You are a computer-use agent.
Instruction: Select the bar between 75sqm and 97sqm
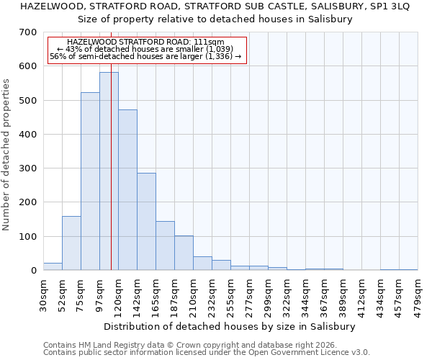[x=90, y=181]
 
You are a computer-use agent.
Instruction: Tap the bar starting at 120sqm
[x=127, y=190]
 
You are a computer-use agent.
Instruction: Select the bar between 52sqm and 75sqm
[x=71, y=243]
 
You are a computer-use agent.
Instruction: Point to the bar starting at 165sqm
[x=165, y=246]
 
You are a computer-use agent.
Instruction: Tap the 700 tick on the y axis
[x=28, y=32]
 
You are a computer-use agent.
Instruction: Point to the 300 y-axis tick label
[x=28, y=168]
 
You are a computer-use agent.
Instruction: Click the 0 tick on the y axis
[x=33, y=271]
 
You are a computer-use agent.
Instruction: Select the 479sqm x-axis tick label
[x=418, y=294]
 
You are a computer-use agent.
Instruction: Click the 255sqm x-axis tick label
[x=231, y=294]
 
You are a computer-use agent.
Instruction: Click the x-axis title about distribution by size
[x=230, y=326]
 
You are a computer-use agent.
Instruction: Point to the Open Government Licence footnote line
[x=206, y=353]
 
